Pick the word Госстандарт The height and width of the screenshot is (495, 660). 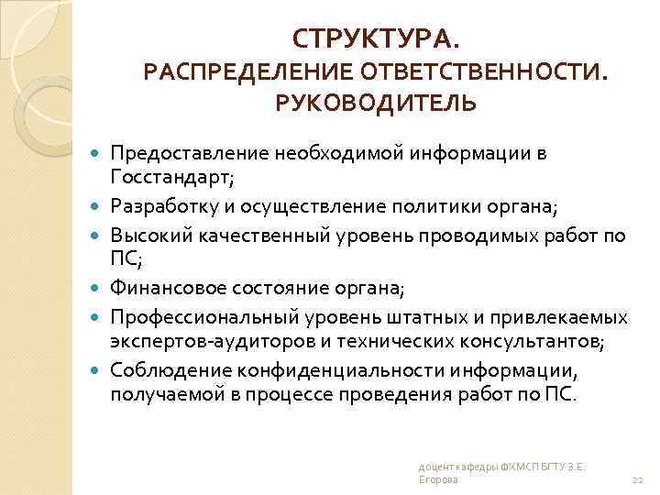[x=169, y=176]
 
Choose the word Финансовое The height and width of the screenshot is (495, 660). [x=163, y=289]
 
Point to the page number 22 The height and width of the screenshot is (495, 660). [x=639, y=479]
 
